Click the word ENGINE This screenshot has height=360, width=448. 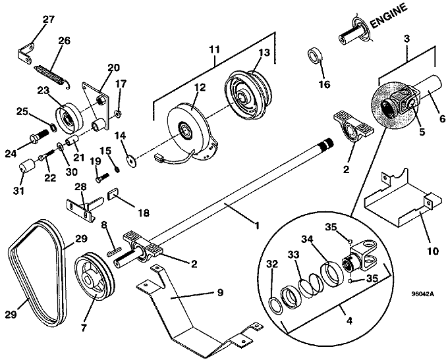point(389,16)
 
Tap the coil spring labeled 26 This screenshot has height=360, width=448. point(52,76)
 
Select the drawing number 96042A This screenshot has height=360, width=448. point(422,294)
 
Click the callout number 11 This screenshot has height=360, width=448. point(214,49)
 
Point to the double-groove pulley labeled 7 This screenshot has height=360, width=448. point(94,275)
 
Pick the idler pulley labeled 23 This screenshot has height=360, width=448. point(69,116)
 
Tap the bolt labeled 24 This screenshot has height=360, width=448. point(40,136)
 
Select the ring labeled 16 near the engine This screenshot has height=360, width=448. point(314,56)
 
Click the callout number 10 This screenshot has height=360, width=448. point(433,251)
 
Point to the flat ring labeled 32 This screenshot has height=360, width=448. point(276,305)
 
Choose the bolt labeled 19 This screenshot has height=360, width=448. point(101,177)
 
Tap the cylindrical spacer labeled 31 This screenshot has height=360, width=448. point(26,167)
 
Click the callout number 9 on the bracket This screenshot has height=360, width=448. point(220,293)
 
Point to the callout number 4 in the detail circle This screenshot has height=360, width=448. point(349,321)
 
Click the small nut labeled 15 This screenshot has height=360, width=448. point(117,169)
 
